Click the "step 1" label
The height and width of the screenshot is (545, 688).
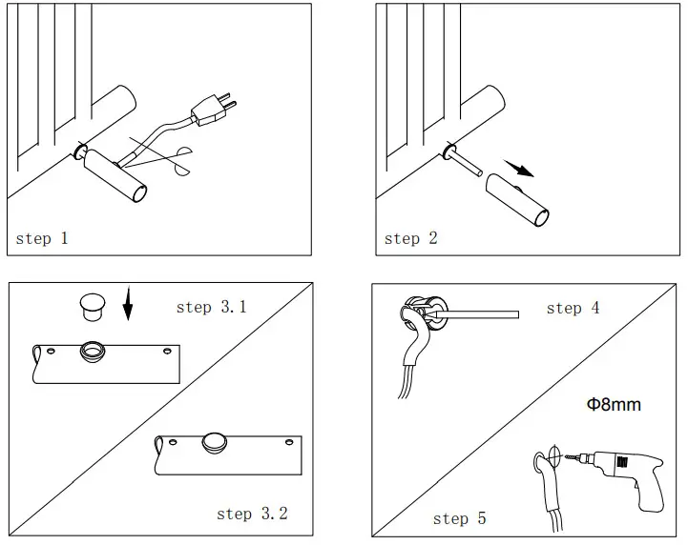[42, 238]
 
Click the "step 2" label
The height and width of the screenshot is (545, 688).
[410, 238]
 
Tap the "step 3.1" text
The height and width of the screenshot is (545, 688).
[211, 307]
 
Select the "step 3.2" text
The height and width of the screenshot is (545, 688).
[252, 514]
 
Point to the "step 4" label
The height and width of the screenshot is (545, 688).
[573, 308]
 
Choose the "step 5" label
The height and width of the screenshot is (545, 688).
[459, 518]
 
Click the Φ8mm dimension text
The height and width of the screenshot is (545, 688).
[613, 405]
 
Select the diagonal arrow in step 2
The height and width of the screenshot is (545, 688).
[518, 169]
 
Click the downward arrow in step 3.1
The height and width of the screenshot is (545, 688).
[129, 308]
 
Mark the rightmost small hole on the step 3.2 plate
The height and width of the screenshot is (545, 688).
[287, 444]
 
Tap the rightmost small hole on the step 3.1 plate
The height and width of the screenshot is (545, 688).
[168, 353]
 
